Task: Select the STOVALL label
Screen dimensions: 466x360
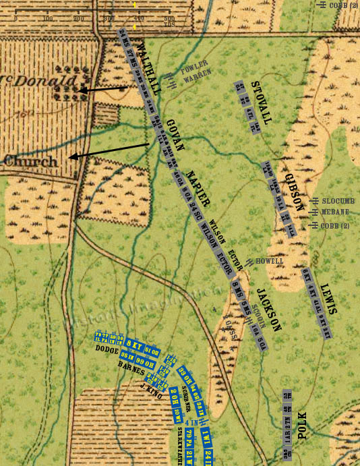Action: click(x=260, y=103)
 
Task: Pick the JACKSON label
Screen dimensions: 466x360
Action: click(x=268, y=309)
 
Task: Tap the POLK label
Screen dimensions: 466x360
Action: click(x=301, y=425)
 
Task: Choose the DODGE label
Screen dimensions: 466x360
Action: click(x=107, y=350)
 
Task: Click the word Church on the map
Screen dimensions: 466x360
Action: click(x=30, y=162)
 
